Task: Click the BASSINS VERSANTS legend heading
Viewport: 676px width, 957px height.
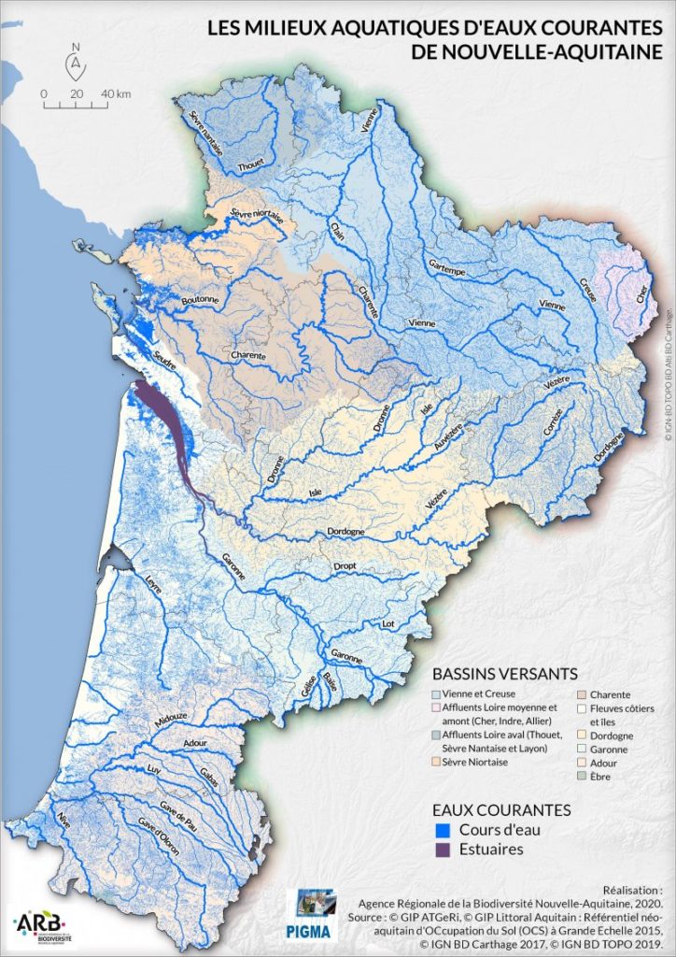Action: click(x=504, y=674)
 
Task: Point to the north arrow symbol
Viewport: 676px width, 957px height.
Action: click(x=76, y=64)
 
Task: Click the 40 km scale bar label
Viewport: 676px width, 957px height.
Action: click(x=117, y=93)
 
